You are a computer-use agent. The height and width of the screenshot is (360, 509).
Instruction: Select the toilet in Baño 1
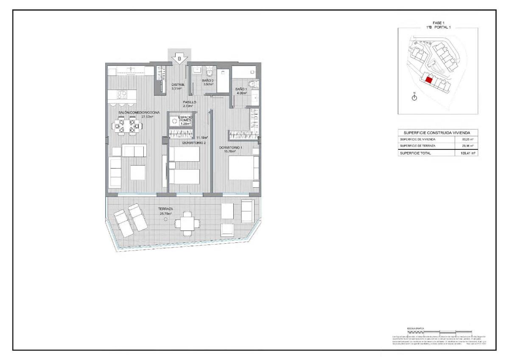click(x=253, y=84)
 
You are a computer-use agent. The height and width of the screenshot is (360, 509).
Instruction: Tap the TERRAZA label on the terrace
click(x=165, y=209)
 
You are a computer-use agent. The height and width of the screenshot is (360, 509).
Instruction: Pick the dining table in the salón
click(x=127, y=126)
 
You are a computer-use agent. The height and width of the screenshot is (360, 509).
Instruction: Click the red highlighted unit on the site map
click(x=428, y=79)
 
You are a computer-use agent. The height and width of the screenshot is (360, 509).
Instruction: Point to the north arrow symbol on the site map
click(x=415, y=97)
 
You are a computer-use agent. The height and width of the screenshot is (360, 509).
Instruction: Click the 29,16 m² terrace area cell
click(x=467, y=146)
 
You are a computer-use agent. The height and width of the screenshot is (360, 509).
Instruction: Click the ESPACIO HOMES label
click(x=185, y=119)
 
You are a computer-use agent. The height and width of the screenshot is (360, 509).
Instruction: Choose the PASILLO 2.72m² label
click(x=189, y=104)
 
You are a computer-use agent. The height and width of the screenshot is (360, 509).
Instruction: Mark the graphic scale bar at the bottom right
click(x=439, y=332)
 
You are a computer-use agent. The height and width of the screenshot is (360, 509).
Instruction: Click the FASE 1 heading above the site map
click(x=438, y=23)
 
